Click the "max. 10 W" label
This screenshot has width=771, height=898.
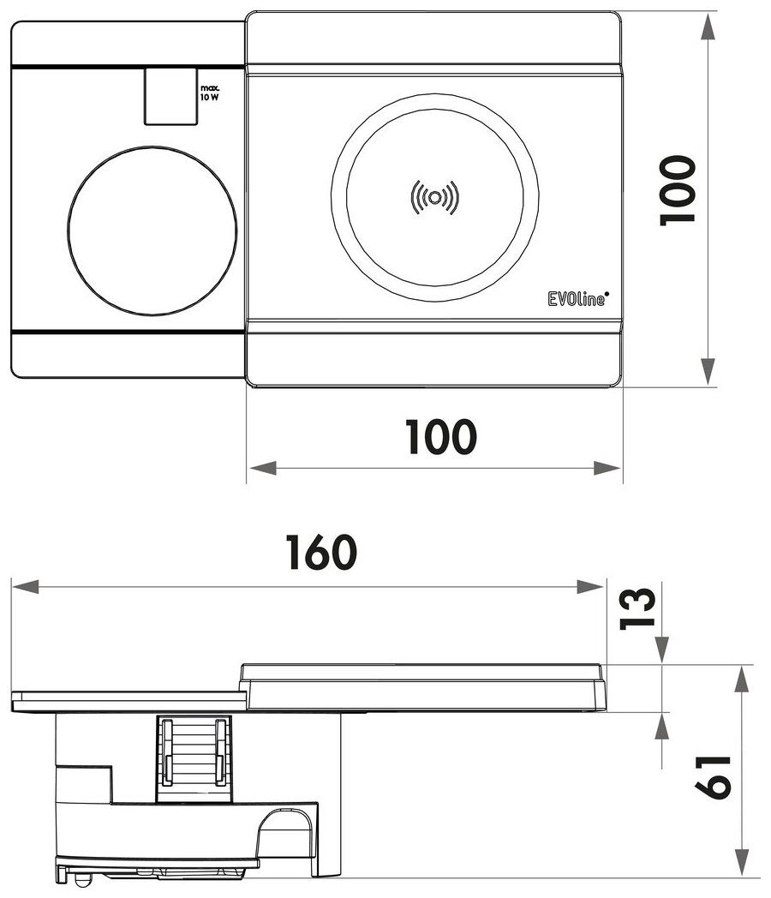[210, 93]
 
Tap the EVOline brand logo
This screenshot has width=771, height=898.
[577, 298]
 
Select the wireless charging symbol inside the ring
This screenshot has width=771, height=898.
[435, 198]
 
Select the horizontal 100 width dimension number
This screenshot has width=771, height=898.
[440, 438]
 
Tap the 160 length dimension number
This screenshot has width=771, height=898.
[320, 554]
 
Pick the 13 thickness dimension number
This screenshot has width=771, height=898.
[638, 608]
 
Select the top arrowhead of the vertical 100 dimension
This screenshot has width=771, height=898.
[708, 27]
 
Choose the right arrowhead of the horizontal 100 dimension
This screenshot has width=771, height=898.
[608, 468]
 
